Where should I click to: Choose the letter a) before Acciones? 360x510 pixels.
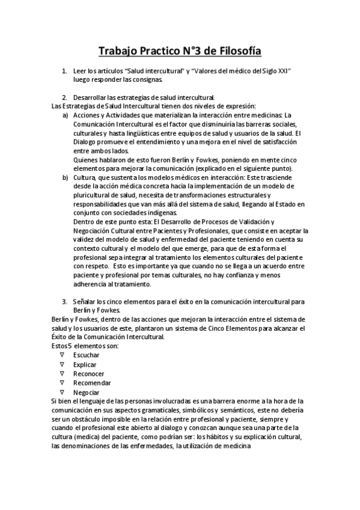(x=66, y=114)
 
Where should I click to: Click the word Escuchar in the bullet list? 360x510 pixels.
(x=86, y=355)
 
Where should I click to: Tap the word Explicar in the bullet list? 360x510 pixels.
(x=85, y=364)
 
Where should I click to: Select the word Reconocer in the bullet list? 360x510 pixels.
(x=88, y=373)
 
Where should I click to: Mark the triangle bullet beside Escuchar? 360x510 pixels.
(x=62, y=355)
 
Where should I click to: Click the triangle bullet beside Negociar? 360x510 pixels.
(x=62, y=392)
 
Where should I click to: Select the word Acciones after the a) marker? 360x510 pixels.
(x=87, y=114)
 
